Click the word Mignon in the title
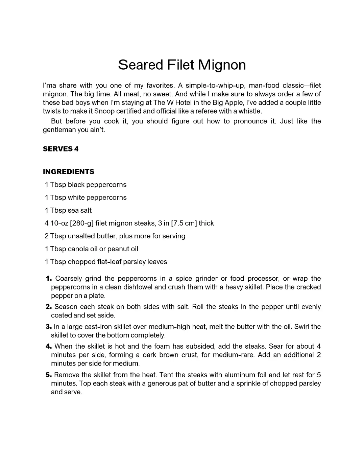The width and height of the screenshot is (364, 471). [222, 65]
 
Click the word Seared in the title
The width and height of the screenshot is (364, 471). [140, 65]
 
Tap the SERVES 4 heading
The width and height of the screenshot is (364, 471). [60, 149]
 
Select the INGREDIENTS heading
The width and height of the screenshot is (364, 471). [69, 172]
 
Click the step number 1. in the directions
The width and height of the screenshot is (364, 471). [49, 279]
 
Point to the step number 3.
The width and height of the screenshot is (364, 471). [49, 327]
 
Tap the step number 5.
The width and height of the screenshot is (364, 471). [49, 375]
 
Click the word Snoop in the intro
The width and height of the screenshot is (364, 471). [104, 111]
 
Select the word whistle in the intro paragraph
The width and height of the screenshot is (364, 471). [250, 111]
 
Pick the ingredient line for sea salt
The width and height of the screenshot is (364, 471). [68, 210]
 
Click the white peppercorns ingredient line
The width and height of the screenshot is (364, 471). [86, 197]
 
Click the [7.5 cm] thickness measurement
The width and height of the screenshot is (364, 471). [184, 223]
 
